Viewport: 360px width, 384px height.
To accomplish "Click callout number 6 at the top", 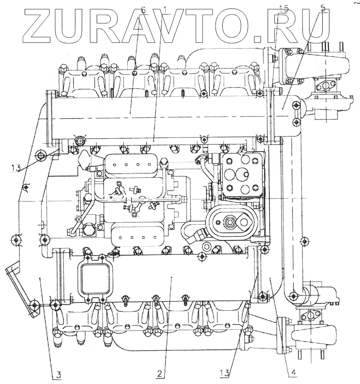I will coord(143,9).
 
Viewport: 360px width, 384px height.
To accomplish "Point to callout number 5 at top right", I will coord(323,8).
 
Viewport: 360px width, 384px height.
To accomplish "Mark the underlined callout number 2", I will coord(160,373).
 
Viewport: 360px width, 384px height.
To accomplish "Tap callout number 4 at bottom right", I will coord(293,372).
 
